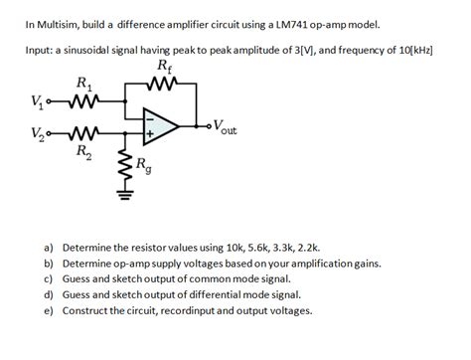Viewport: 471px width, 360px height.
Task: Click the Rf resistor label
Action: pos(163,68)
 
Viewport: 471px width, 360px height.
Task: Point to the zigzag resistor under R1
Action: pos(83,99)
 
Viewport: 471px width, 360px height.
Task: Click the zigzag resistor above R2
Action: pos(83,133)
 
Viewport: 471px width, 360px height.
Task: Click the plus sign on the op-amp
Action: pos(150,132)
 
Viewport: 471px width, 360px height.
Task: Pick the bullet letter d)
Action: pos(48,294)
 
